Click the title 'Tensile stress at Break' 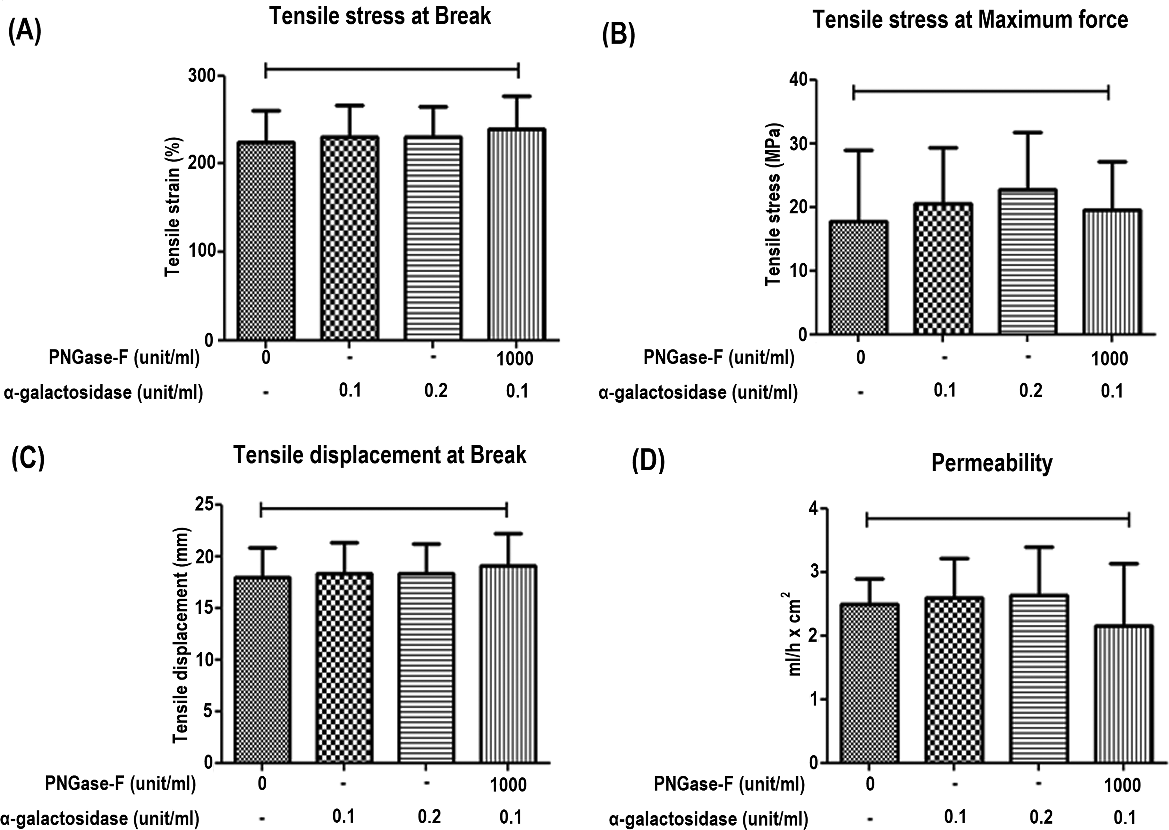[380, 16]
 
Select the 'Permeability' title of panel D [992, 463]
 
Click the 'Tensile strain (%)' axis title [174, 206]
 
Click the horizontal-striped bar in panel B [1027, 262]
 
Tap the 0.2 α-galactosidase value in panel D [1040, 817]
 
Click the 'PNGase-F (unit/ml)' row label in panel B [718, 358]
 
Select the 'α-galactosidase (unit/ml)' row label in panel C [100, 818]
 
